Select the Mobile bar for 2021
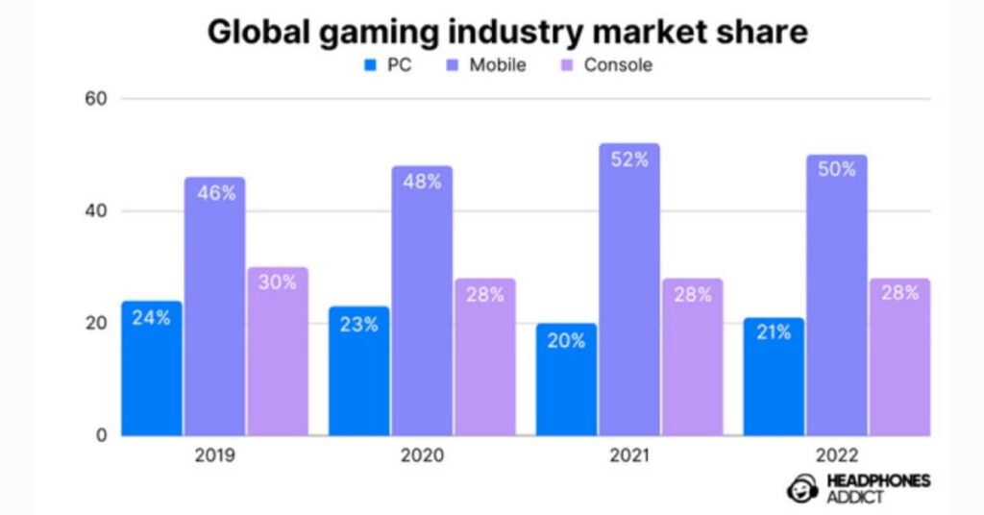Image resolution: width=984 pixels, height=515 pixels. pyautogui.click(x=628, y=288)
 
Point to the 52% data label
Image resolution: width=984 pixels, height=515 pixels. pyautogui.click(x=628, y=159)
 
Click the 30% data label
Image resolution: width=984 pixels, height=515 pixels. pyautogui.click(x=277, y=282)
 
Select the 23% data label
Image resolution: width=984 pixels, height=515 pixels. pyautogui.click(x=358, y=324)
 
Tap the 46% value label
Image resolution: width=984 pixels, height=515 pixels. pyautogui.click(x=214, y=193)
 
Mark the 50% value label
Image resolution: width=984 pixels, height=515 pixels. pyautogui.click(x=836, y=169)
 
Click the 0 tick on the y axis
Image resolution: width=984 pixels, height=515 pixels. pyautogui.click(x=100, y=435)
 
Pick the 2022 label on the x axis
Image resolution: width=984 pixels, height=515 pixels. pyautogui.click(x=835, y=455)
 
